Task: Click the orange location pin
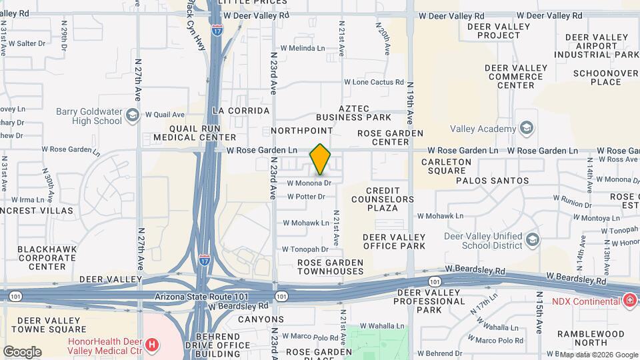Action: (x=320, y=159)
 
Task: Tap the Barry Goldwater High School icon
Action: (x=132, y=116)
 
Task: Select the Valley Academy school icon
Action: (x=527, y=129)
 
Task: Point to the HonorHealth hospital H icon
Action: (x=152, y=345)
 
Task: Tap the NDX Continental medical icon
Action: (x=629, y=301)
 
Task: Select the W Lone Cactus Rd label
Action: (x=374, y=82)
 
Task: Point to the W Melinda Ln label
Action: (x=303, y=48)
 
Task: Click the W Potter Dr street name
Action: (x=306, y=197)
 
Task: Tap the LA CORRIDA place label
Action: (x=241, y=111)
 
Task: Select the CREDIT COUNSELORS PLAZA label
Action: (x=383, y=199)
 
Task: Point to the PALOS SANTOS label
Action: (x=492, y=181)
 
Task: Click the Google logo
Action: (x=22, y=351)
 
